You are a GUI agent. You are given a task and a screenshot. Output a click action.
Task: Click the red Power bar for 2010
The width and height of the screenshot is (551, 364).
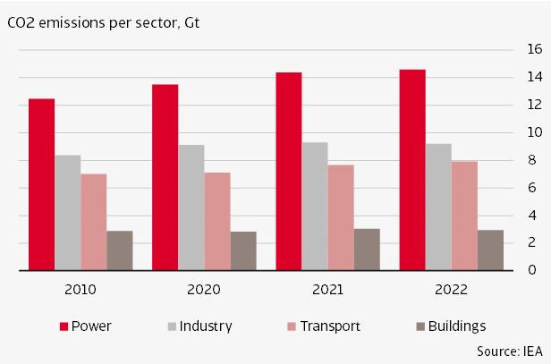tap(41, 184)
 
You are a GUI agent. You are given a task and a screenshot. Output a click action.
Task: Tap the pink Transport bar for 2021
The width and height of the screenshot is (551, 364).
tap(340, 217)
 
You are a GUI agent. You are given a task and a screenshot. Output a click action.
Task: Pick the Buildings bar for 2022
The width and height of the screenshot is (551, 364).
tap(489, 250)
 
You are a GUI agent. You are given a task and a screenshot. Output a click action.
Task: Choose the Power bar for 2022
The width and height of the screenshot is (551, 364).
tap(412, 170)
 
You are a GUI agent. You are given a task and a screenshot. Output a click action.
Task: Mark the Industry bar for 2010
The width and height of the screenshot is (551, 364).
tap(67, 213)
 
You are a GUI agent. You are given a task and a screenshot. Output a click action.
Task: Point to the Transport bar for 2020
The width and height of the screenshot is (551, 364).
tap(216, 221)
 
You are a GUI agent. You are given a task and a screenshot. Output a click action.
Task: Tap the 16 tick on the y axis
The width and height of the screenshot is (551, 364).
tap(533, 50)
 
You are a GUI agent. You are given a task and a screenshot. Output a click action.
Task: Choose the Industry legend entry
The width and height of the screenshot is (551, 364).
tap(198, 326)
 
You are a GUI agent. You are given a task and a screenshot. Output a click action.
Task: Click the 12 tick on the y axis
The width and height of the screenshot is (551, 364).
tap(533, 105)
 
